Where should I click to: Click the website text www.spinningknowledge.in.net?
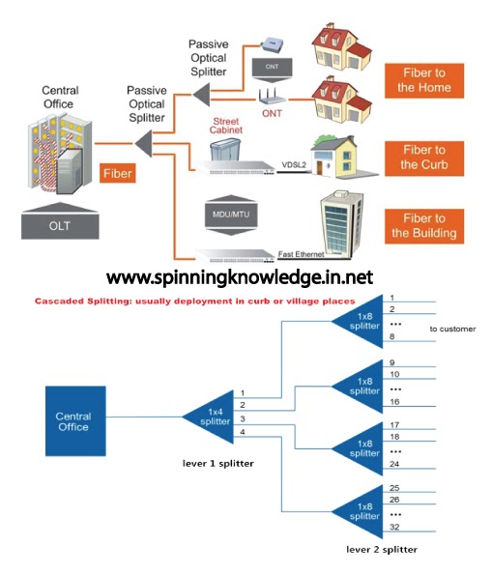tap(239, 277)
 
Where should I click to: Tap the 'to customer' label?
tap(453, 330)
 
